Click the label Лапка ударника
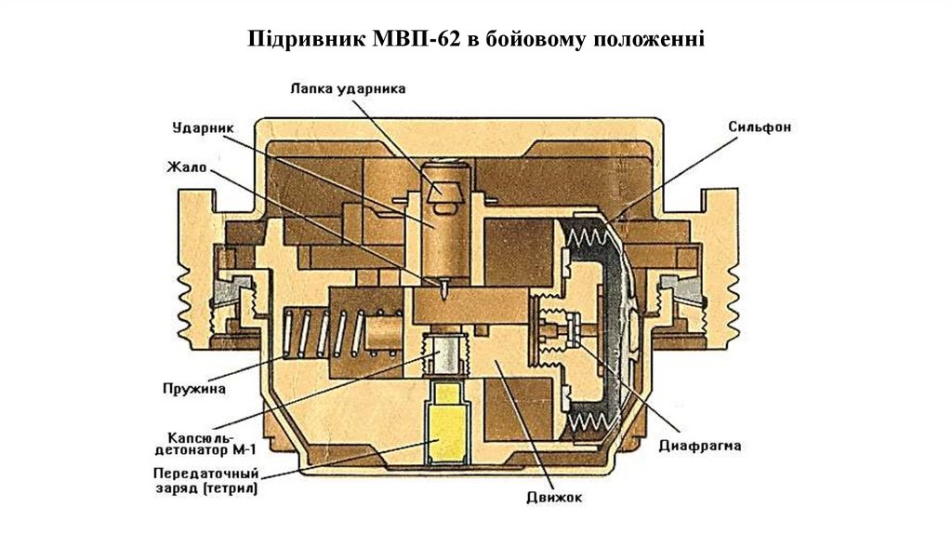tap(348, 89)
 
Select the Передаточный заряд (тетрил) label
tap(206, 480)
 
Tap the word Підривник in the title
tap(307, 40)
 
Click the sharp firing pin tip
tap(444, 291)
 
